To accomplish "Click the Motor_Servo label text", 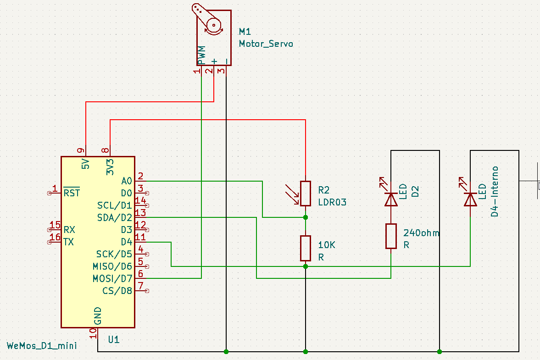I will pos(265,44).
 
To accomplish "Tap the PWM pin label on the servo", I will pos(201,55).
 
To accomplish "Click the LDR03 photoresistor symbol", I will pos(306,193).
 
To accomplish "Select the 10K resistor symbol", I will pos(306,248).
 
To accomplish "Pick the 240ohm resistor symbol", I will pos(390,236).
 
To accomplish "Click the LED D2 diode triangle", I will pos(390,199).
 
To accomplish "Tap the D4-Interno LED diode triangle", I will pos(470,199).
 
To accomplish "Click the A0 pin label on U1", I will pos(127,181).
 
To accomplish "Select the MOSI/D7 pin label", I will pos(112,278).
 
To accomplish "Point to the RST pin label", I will pos(72,193).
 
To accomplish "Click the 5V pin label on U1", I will pos(85,164).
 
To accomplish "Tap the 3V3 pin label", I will pos(110,167).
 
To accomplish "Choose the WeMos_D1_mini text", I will pos(42,345).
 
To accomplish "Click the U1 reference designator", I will pos(114,340).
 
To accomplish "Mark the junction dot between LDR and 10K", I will pos(306,217).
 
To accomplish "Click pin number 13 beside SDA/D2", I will pos(140,212).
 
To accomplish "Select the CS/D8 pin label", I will pos(117,291).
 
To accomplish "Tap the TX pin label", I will pos(69,242).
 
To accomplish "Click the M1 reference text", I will pos(245,32).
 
